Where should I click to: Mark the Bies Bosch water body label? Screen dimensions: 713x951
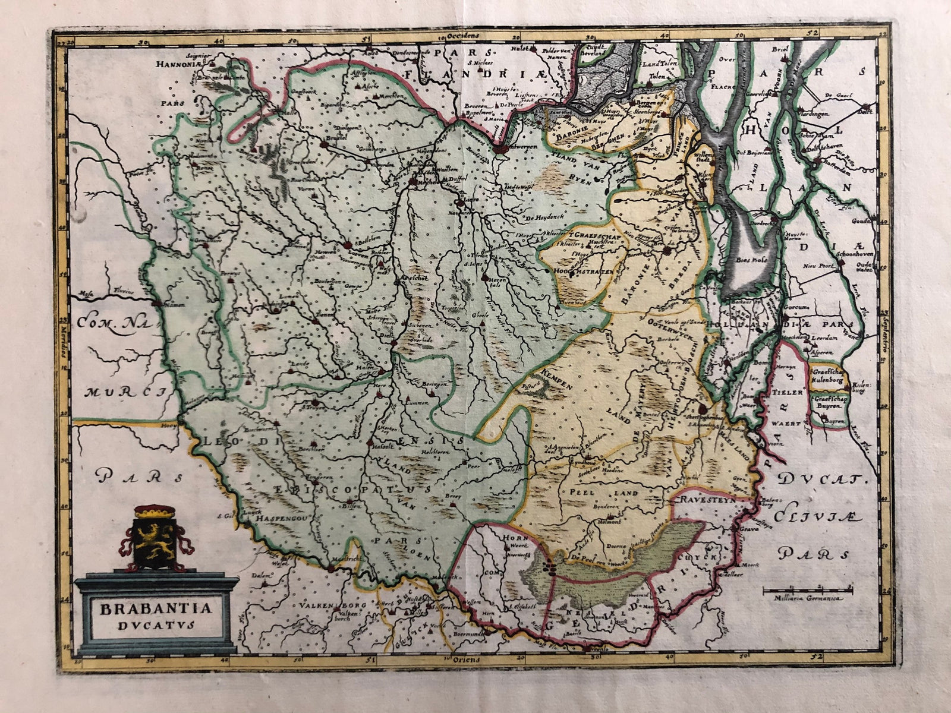coord(751,260)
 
